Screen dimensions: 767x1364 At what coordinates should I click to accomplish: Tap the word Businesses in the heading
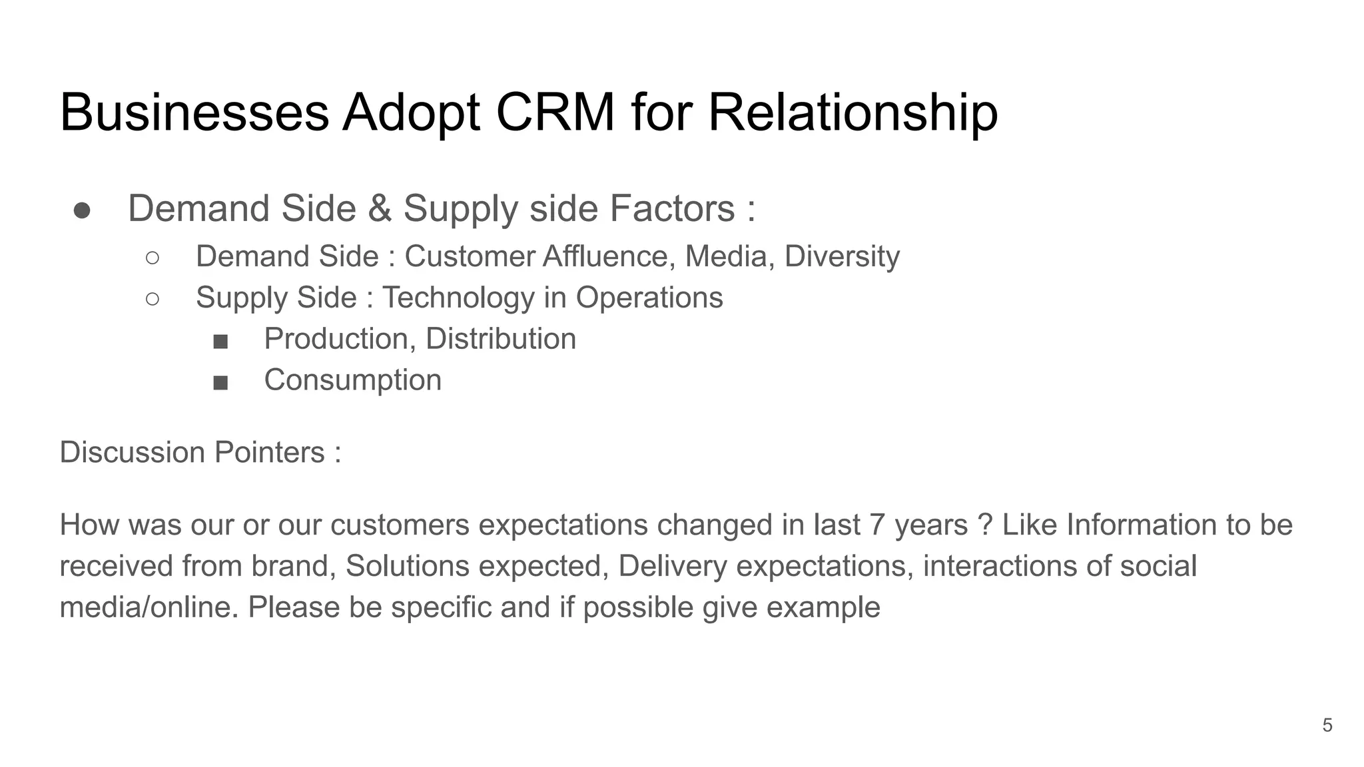(194, 112)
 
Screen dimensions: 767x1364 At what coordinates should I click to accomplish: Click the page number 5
(1327, 725)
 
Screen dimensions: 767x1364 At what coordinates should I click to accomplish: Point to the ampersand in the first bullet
(380, 208)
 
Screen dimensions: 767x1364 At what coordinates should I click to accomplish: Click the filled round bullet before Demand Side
(82, 210)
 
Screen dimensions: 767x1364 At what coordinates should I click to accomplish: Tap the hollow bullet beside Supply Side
(152, 299)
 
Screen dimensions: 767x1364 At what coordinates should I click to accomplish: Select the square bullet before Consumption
(220, 383)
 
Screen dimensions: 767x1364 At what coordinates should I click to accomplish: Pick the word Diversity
(842, 257)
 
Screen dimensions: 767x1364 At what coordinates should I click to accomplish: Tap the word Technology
(458, 298)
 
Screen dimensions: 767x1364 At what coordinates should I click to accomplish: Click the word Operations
(649, 298)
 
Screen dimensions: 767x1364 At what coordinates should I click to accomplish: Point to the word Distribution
(500, 339)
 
